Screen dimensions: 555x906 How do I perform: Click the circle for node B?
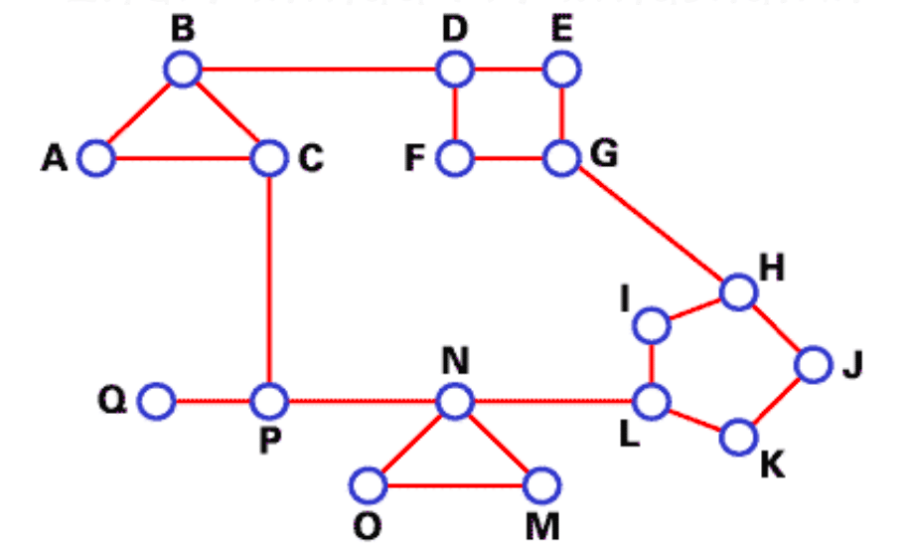coord(183,70)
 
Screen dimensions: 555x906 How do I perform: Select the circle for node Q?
coord(156,402)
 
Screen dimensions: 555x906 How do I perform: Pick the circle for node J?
coord(812,365)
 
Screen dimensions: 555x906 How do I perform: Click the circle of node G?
coord(561,156)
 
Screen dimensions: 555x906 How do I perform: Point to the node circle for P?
coord(269,402)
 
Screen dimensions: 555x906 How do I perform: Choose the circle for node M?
coord(541,486)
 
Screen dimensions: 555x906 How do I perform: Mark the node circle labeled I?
coord(652,325)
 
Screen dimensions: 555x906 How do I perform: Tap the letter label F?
coord(416,159)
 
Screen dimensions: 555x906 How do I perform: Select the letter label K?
coord(771,464)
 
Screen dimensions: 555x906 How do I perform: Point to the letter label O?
coord(368,526)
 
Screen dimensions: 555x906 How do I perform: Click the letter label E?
coord(561,30)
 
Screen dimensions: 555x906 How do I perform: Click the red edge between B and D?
coord(318,70)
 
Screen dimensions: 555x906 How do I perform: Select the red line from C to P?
coord(269,278)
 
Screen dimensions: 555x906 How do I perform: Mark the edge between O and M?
coord(454,486)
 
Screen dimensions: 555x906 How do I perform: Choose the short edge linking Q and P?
coord(213,402)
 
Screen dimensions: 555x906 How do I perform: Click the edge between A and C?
coord(183,157)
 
